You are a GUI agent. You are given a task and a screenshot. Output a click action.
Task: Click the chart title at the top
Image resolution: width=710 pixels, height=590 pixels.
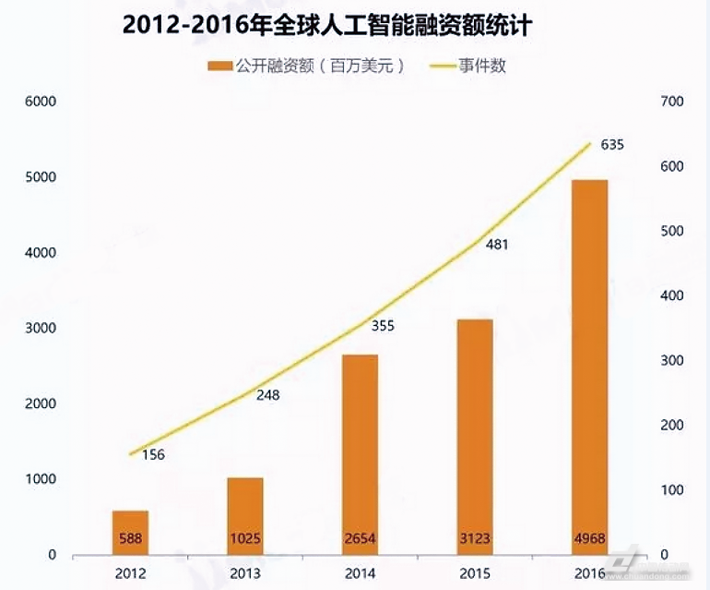tap(326, 25)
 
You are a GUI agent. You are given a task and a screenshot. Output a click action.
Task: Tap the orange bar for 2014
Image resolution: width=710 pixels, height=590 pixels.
tap(361, 452)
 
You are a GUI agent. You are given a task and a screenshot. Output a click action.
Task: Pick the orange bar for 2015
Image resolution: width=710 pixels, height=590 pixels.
tap(475, 434)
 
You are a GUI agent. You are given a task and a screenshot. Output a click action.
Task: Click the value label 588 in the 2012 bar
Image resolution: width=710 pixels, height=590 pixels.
tap(131, 538)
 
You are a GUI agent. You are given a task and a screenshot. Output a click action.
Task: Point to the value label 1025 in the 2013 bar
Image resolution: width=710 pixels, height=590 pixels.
tap(245, 538)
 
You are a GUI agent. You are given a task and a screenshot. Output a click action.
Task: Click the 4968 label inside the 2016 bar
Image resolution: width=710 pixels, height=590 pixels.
tap(588, 538)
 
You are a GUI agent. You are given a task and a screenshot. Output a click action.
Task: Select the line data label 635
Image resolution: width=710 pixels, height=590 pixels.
tap(612, 145)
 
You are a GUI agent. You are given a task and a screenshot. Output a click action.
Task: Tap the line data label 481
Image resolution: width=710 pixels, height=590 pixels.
tap(496, 245)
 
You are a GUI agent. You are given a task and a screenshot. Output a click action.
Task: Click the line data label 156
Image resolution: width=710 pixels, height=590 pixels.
tap(153, 454)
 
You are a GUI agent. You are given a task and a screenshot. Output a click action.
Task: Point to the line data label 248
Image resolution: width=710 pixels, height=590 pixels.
tap(267, 395)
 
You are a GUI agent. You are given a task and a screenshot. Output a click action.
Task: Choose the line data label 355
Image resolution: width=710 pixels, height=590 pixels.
tap(381, 326)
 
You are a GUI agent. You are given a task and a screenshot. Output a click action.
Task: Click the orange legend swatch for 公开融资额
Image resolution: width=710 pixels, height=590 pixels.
tap(219, 66)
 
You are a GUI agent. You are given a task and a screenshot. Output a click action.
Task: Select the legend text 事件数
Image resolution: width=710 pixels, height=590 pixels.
tap(482, 66)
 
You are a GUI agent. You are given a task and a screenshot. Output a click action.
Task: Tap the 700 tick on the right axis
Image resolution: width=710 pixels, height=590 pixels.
tap(672, 102)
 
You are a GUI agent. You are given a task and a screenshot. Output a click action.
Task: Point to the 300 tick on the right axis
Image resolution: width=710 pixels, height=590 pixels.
tap(672, 360)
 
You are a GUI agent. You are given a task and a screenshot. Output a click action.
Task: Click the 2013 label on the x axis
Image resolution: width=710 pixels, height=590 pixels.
tap(245, 573)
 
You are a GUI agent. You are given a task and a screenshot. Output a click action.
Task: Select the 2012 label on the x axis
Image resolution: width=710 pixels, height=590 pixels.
tap(131, 573)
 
